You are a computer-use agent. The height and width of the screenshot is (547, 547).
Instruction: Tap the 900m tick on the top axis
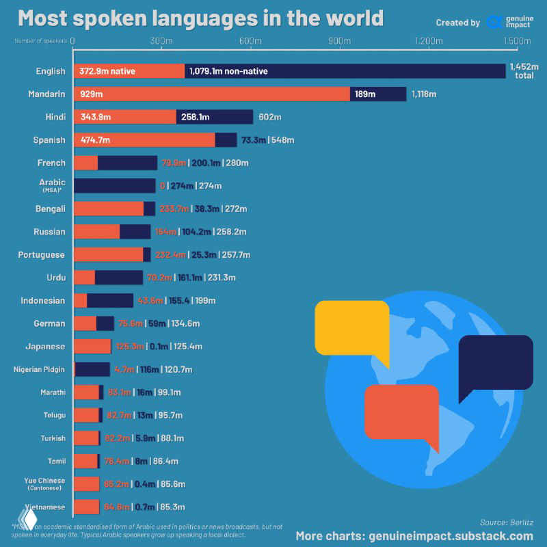click(x=340, y=41)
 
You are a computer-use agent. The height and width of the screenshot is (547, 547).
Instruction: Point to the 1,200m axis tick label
click(x=428, y=41)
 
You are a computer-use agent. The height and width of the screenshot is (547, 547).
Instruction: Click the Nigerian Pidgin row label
click(x=39, y=369)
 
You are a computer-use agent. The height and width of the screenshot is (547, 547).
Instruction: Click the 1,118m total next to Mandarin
click(x=424, y=94)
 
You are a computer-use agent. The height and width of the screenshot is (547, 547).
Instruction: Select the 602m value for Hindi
click(x=266, y=117)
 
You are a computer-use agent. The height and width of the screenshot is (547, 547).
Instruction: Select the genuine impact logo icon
click(x=494, y=22)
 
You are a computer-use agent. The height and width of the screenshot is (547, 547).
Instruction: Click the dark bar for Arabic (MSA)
click(x=114, y=185)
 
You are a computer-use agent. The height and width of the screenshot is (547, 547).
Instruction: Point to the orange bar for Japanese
click(x=92, y=346)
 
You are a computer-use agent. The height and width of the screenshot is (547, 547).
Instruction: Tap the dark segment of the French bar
click(x=127, y=163)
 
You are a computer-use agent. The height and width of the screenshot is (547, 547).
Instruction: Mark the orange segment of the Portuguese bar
click(x=108, y=254)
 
